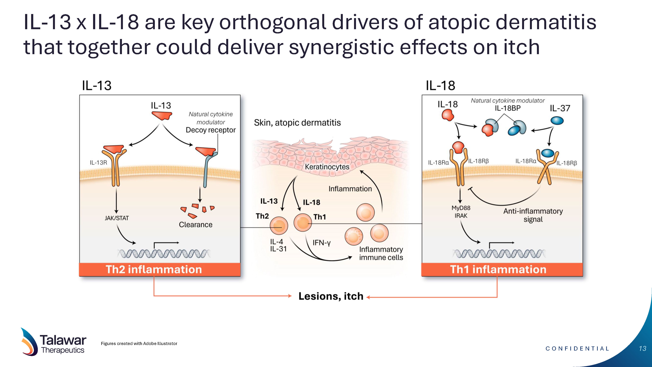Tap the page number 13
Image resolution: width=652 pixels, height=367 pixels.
coord(642,349)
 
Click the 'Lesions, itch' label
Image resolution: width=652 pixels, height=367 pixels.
coord(331,296)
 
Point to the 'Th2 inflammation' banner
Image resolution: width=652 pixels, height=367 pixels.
coord(160,269)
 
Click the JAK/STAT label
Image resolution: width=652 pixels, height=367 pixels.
coord(117,218)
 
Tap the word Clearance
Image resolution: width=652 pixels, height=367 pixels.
coord(196,225)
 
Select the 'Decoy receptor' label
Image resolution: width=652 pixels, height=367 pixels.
coord(211,130)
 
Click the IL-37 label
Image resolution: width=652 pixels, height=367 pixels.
coord(560,108)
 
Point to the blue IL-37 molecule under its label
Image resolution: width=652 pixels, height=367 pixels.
coord(557,121)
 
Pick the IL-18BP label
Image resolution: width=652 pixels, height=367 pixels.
coord(508,108)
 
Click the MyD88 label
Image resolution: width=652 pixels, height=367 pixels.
coord(461,208)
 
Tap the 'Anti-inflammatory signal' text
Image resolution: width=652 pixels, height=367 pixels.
coord(533,215)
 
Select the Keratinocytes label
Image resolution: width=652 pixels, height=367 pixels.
coord(327,167)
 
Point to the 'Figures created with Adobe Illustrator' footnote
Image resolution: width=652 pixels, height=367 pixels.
coord(139,344)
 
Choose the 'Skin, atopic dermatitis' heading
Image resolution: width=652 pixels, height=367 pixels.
coord(297,123)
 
